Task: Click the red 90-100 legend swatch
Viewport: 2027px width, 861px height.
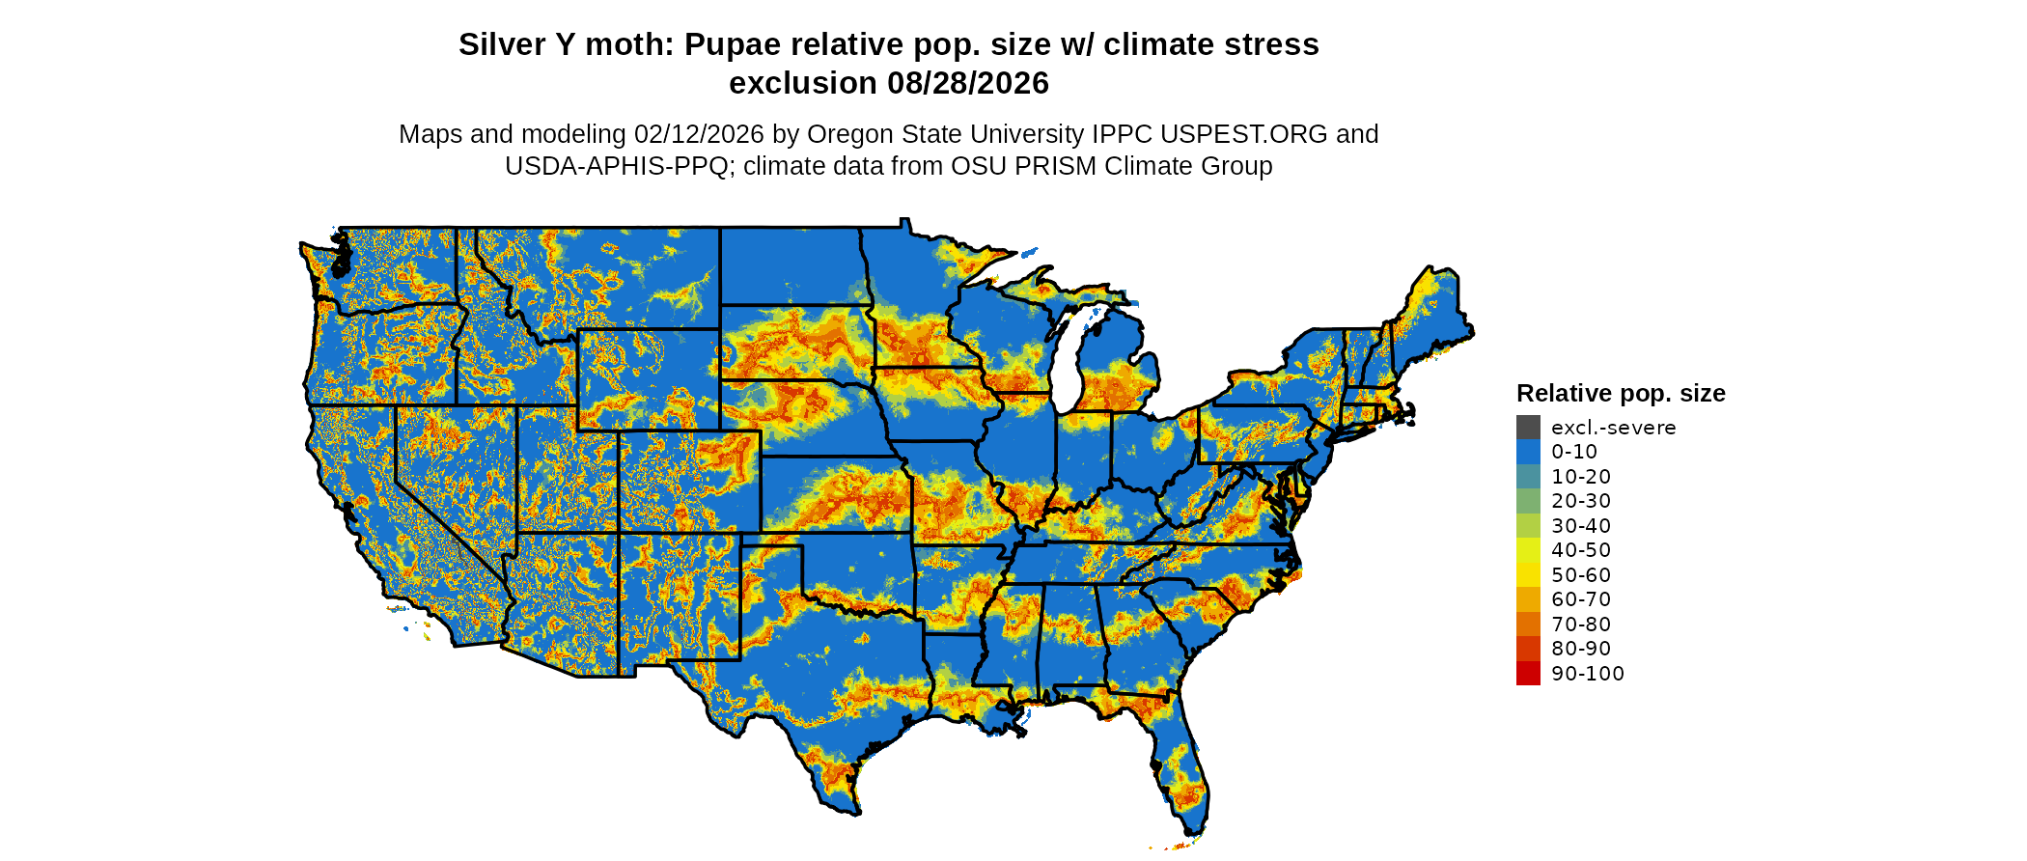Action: pyautogui.click(x=1528, y=674)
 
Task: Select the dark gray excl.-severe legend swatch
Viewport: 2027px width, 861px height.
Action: pyautogui.click(x=1528, y=428)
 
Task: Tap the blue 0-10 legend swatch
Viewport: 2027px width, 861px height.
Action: pyautogui.click(x=1528, y=452)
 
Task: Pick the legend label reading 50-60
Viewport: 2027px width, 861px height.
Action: pyautogui.click(x=1581, y=575)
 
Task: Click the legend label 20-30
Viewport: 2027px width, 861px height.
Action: pyautogui.click(x=1581, y=501)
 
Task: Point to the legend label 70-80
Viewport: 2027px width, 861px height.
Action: pyautogui.click(x=1581, y=625)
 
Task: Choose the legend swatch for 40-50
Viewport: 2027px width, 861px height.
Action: pyautogui.click(x=1528, y=550)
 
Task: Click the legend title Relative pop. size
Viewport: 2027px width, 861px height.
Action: pyautogui.click(x=1621, y=394)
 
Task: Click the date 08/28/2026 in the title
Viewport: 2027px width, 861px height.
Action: pyautogui.click(x=968, y=84)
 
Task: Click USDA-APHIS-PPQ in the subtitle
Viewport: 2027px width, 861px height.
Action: pyautogui.click(x=617, y=167)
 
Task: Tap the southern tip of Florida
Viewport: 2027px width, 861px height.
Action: pyautogui.click(x=1193, y=830)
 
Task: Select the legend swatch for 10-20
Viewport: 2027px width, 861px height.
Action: pyautogui.click(x=1528, y=477)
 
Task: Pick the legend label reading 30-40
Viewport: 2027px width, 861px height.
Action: pyautogui.click(x=1581, y=526)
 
